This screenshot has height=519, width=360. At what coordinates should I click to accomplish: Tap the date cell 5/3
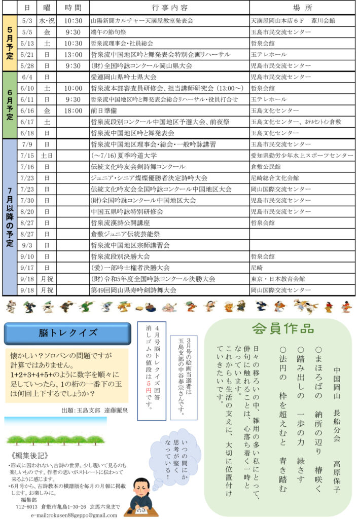coord(27,21)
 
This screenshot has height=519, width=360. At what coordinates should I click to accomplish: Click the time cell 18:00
coord(73,110)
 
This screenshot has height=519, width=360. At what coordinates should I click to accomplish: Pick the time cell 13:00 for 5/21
coord(73,54)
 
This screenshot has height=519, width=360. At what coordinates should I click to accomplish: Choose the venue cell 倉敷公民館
coord(269,167)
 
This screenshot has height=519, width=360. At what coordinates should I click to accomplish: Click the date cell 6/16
coord(27,110)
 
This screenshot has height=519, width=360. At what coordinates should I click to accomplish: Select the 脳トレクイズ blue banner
coord(68,333)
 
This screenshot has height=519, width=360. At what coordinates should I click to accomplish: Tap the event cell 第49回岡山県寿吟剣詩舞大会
coord(133,290)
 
